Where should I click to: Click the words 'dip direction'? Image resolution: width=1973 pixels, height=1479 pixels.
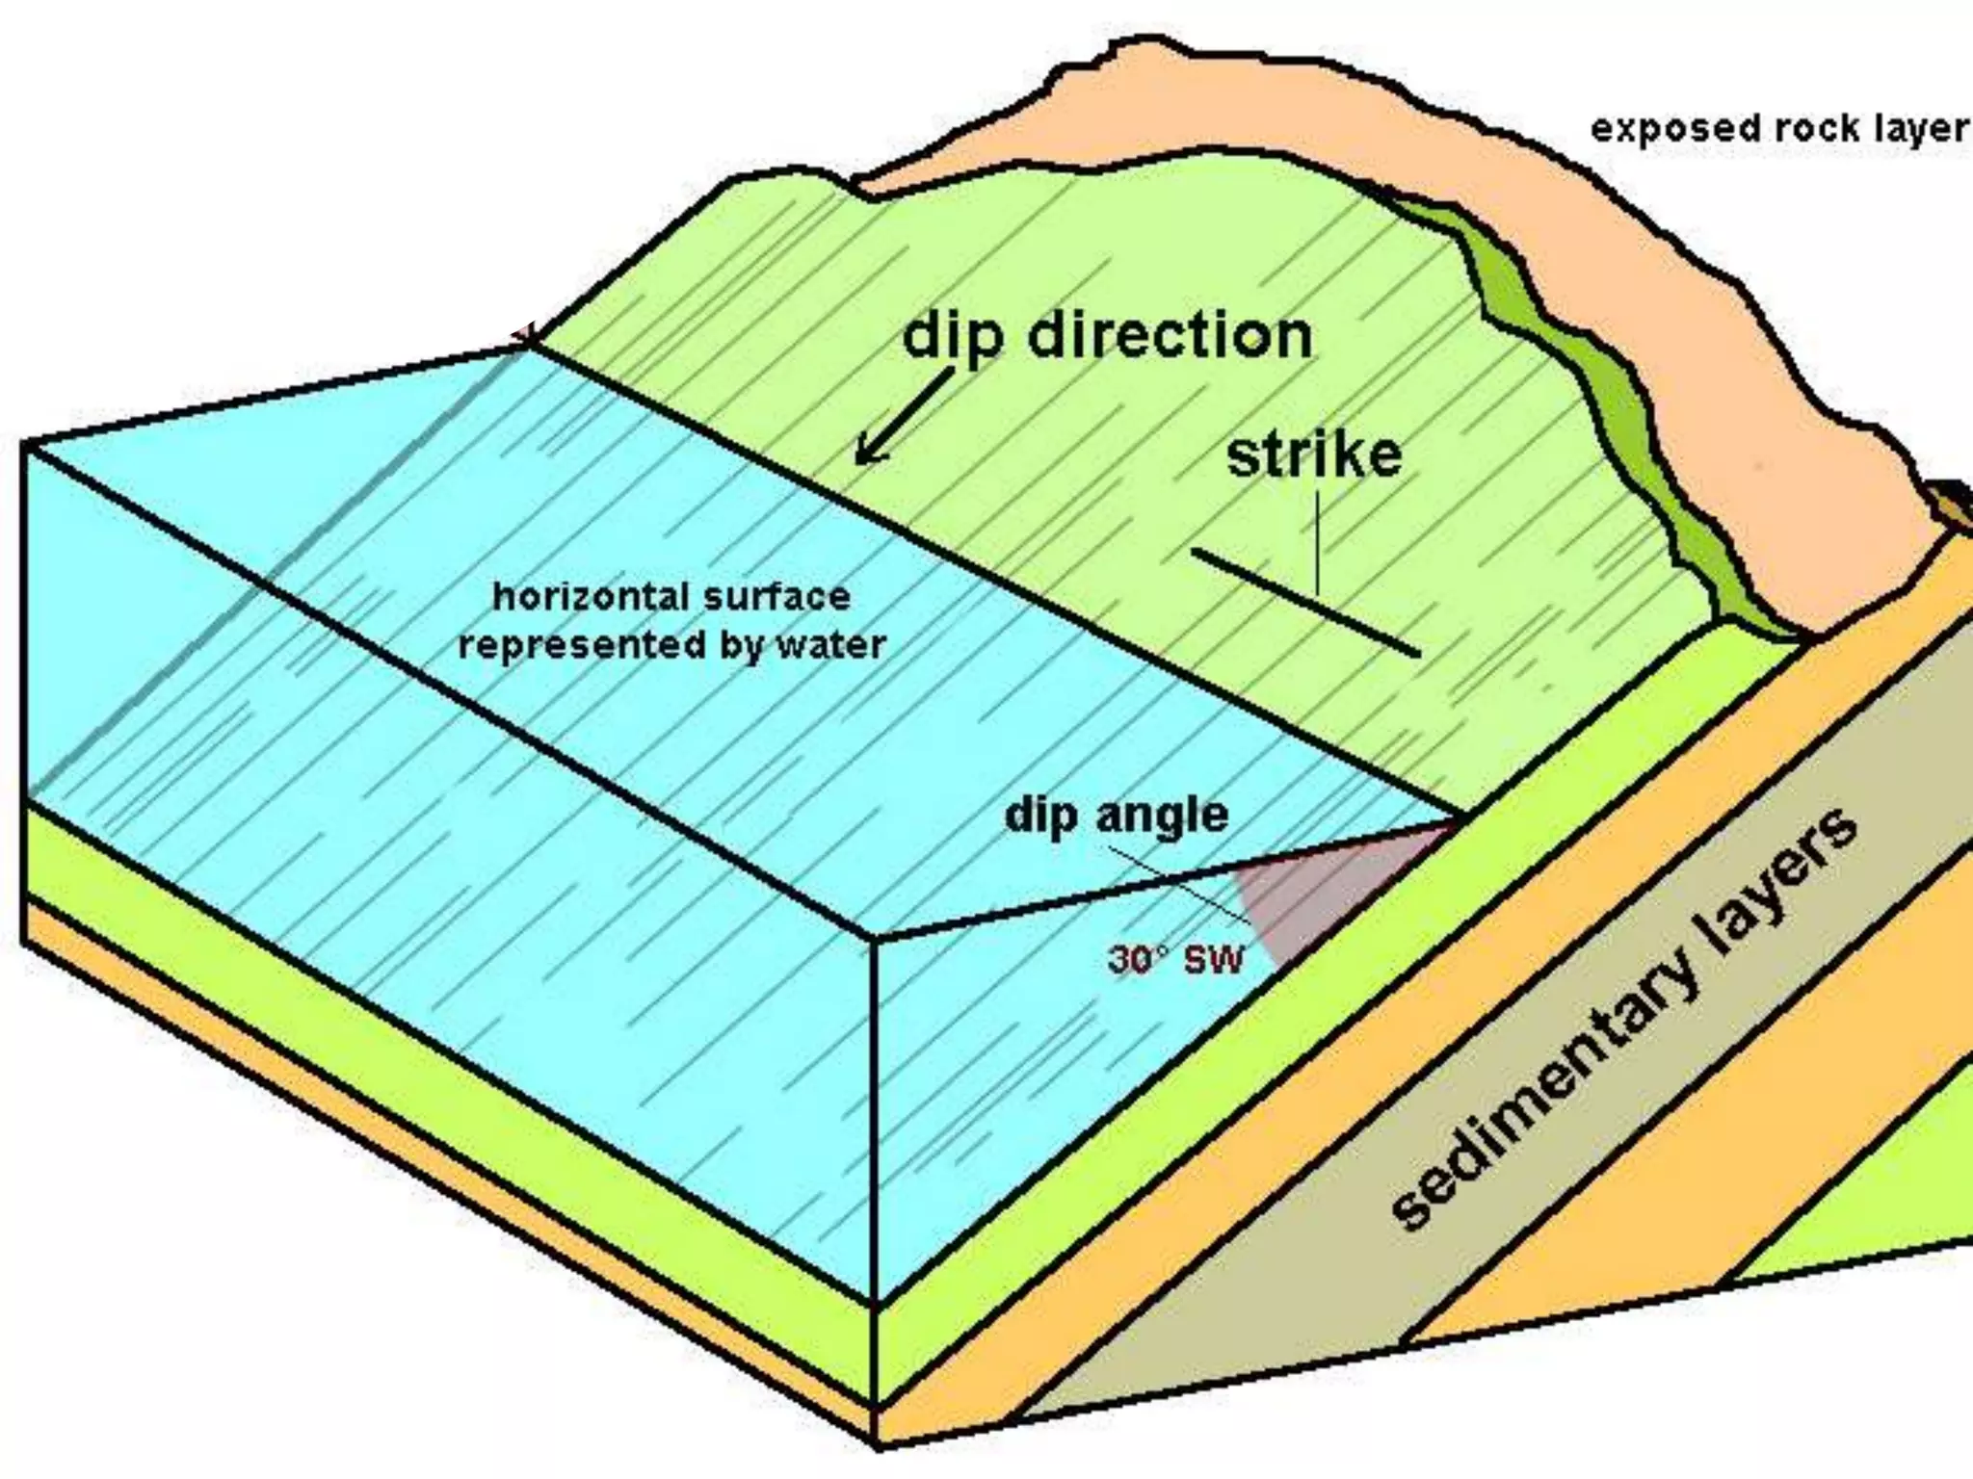(1107, 337)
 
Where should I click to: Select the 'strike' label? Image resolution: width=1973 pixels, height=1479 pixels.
(1314, 455)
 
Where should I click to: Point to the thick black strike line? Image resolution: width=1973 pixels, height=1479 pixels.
(1305, 603)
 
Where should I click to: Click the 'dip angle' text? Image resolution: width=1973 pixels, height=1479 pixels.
(1117, 817)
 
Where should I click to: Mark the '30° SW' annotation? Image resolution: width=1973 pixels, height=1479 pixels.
(1176, 959)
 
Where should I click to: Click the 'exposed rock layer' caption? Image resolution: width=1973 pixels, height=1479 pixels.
(1778, 129)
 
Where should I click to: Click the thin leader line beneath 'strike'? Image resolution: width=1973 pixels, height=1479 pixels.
(1318, 539)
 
